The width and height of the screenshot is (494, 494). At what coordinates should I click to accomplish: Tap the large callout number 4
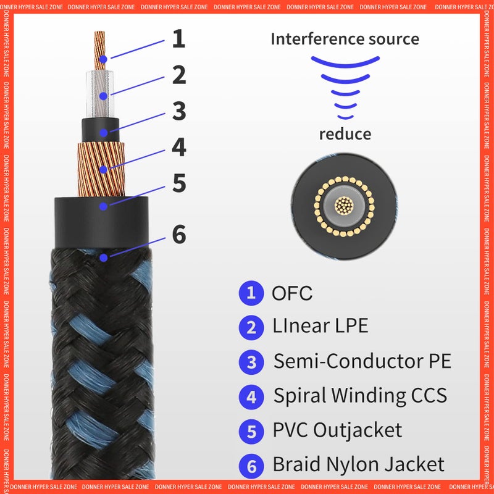click(x=179, y=147)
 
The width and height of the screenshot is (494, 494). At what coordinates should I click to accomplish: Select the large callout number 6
click(x=179, y=235)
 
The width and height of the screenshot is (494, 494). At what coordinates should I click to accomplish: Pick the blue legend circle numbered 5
click(x=251, y=431)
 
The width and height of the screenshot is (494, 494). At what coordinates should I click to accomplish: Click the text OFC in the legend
click(x=292, y=293)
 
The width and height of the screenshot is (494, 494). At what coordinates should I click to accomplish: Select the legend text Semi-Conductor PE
click(x=362, y=361)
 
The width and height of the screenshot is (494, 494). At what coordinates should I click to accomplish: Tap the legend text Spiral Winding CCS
click(x=360, y=396)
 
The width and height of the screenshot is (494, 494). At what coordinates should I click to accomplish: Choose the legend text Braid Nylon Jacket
click(x=358, y=464)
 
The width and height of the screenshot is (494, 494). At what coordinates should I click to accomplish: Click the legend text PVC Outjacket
click(x=337, y=430)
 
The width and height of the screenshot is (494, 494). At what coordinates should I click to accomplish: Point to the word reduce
click(x=345, y=134)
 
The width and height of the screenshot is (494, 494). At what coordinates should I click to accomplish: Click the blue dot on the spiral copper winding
click(x=103, y=167)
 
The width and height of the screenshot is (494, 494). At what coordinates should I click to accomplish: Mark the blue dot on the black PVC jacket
click(x=103, y=206)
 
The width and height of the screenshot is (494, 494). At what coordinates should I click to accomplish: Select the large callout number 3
click(x=179, y=111)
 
